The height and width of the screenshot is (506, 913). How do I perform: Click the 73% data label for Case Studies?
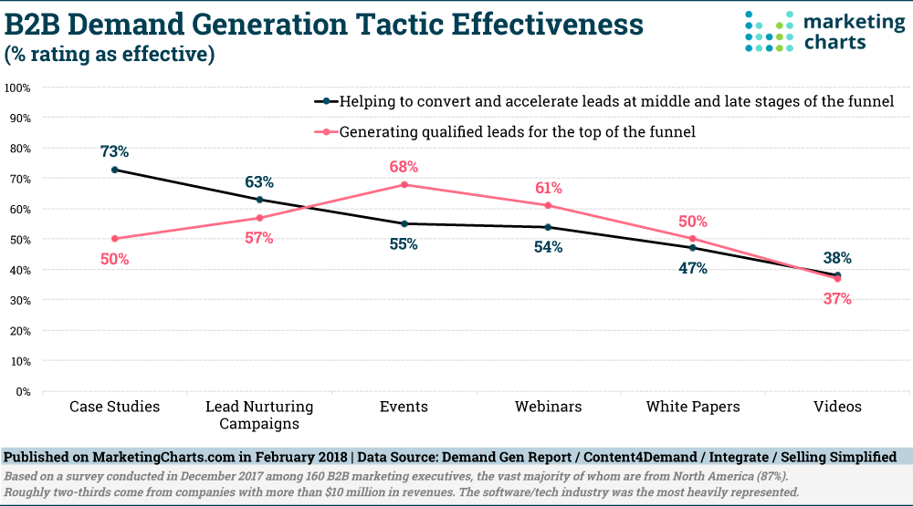pyautogui.click(x=114, y=151)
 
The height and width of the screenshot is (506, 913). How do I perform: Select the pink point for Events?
pyautogui.click(x=404, y=185)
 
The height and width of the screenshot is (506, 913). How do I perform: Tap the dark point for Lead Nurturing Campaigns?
pyautogui.click(x=259, y=200)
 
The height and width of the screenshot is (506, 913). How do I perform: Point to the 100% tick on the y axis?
pyautogui.click(x=17, y=88)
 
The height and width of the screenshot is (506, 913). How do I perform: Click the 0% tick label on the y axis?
pyautogui.click(x=24, y=392)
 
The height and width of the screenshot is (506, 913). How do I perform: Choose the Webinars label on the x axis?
pyautogui.click(x=548, y=407)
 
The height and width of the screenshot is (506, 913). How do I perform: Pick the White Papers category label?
pyautogui.click(x=693, y=407)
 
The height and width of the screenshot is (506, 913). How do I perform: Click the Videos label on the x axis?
pyautogui.click(x=837, y=407)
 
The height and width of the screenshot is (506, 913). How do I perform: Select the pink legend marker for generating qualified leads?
pyautogui.click(x=327, y=132)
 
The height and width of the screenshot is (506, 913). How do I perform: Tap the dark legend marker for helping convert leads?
pyautogui.click(x=327, y=101)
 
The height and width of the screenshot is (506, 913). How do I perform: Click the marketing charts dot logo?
pyautogui.click(x=769, y=31)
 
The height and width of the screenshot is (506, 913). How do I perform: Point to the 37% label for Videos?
pyautogui.click(x=837, y=299)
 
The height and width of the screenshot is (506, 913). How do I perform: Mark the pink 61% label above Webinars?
pyautogui.click(x=549, y=188)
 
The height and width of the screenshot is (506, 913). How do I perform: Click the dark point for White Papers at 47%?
pyautogui.click(x=693, y=248)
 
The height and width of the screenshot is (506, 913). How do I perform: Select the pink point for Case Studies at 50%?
pyautogui.click(x=115, y=239)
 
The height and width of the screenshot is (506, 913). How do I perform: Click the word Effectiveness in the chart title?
pyautogui.click(x=547, y=25)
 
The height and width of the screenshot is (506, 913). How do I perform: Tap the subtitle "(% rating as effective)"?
pyautogui.click(x=110, y=54)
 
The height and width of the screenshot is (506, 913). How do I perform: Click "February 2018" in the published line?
pyautogui.click(x=300, y=457)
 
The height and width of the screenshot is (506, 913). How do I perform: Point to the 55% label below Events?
pyautogui.click(x=404, y=243)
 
